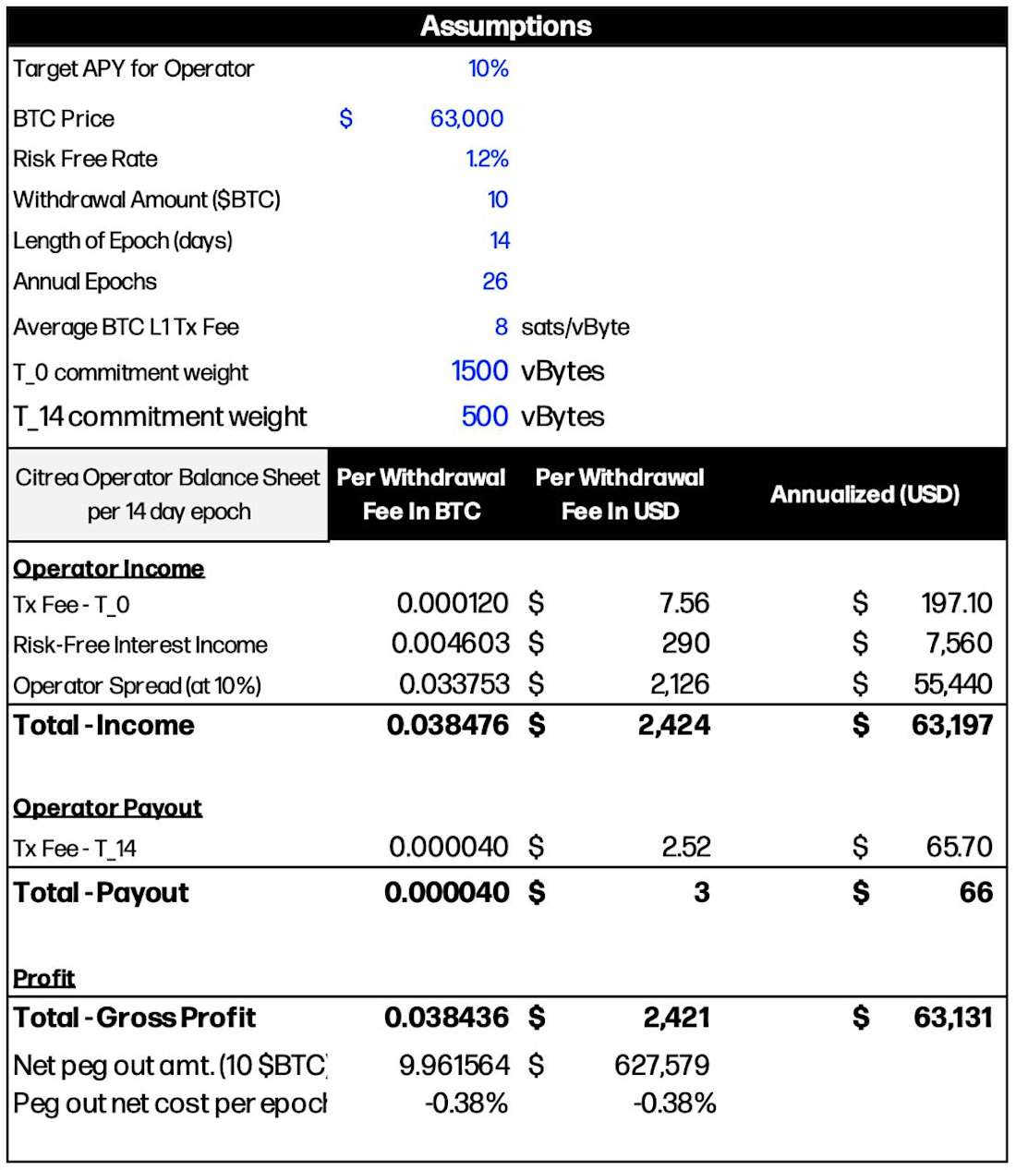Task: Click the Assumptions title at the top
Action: [506, 26]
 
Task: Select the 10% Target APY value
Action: [489, 68]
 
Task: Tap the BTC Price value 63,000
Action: [466, 118]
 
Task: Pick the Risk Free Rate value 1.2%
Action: [488, 159]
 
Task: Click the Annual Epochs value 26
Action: [495, 282]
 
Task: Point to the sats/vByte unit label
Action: [575, 327]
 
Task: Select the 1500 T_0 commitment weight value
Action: [479, 371]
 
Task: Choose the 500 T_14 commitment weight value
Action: [485, 416]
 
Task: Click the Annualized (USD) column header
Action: [865, 494]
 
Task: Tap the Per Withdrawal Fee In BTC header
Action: [421, 494]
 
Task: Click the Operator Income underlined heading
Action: [109, 569]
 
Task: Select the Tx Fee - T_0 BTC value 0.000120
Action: [453, 604]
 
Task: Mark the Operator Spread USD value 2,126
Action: [680, 684]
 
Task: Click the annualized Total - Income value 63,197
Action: [951, 726]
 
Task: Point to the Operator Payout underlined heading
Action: [107, 808]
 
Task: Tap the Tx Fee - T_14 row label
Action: [75, 848]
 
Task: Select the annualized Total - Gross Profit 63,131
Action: [953, 1018]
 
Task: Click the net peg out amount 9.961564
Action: [454, 1066]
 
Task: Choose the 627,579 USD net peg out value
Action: [662, 1066]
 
